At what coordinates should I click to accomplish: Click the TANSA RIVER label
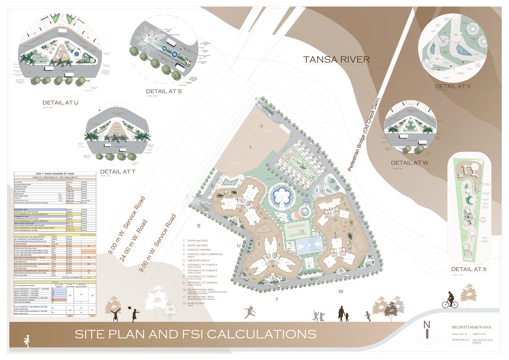(x=336, y=59)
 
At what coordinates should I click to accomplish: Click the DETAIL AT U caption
(x=60, y=103)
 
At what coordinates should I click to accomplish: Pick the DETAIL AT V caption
(x=453, y=86)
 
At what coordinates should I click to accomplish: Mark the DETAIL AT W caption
(x=410, y=163)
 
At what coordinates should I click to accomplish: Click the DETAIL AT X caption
(x=468, y=269)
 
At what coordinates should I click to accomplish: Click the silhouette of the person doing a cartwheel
(x=117, y=315)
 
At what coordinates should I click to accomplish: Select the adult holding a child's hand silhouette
(x=342, y=314)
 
